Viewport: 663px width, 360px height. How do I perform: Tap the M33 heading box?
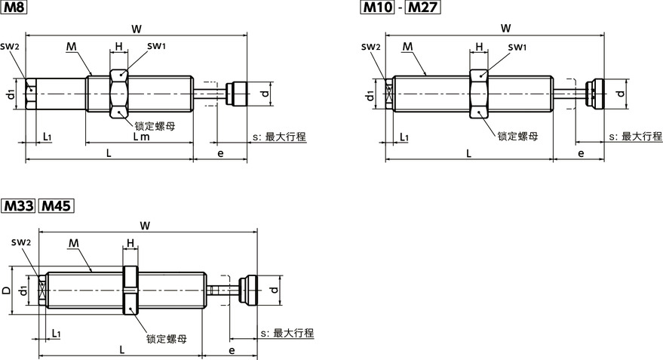point(18,205)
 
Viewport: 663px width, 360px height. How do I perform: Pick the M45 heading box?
point(56,205)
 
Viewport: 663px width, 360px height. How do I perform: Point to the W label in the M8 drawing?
point(137,29)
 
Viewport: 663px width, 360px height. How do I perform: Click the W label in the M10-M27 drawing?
point(505,29)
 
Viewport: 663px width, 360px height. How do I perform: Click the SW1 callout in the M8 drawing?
point(156,47)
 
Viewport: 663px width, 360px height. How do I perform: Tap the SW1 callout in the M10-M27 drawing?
point(517,48)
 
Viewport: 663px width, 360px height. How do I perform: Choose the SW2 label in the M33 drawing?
point(21,242)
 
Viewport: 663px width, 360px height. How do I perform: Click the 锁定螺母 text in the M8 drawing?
point(155,125)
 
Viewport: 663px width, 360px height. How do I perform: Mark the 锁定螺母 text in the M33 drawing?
point(167,339)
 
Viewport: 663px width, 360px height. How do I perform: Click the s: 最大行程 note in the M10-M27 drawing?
point(635,137)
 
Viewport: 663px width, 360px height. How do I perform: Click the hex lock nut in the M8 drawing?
point(118,93)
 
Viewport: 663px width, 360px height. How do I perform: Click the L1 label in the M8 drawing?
point(47,137)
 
